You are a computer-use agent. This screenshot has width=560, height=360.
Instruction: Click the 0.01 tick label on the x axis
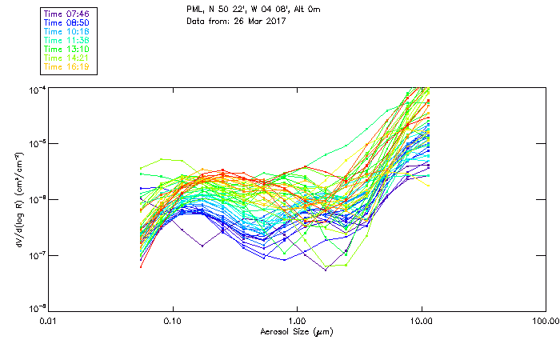coord(48,322)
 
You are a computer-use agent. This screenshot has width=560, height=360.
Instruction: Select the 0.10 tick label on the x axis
coord(172,322)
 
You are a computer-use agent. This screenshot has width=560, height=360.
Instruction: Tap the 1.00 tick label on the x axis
coord(297,322)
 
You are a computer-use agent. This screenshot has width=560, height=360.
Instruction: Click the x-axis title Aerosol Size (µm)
coord(296,331)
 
